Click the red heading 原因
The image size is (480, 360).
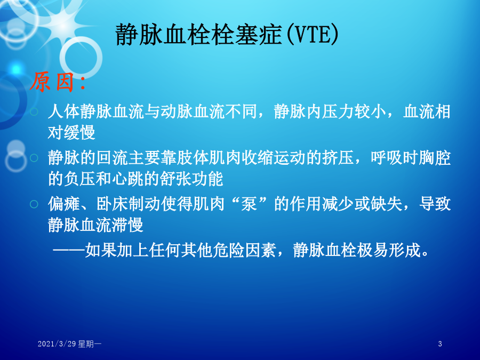pos(52,82)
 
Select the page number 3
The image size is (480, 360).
pos(440,344)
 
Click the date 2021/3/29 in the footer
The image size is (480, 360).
pos(57,344)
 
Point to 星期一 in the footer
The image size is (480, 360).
pos(90,344)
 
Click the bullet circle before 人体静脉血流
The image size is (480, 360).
pos(34,111)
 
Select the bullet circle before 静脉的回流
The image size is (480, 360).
pos(34,158)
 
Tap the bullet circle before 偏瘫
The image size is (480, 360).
pos(34,204)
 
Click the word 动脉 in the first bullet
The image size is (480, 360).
pos(177,111)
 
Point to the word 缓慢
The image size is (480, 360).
pos(79,132)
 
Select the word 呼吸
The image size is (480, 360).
pos(387,158)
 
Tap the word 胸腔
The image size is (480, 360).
pos(435,158)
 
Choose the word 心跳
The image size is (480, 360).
pos(128,179)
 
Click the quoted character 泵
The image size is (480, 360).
pos(249,204)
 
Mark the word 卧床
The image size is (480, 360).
pos(112,204)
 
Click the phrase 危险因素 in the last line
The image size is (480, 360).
pos(245,251)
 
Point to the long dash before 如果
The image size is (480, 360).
pos(69,251)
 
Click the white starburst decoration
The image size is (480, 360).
pos(63,26)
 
